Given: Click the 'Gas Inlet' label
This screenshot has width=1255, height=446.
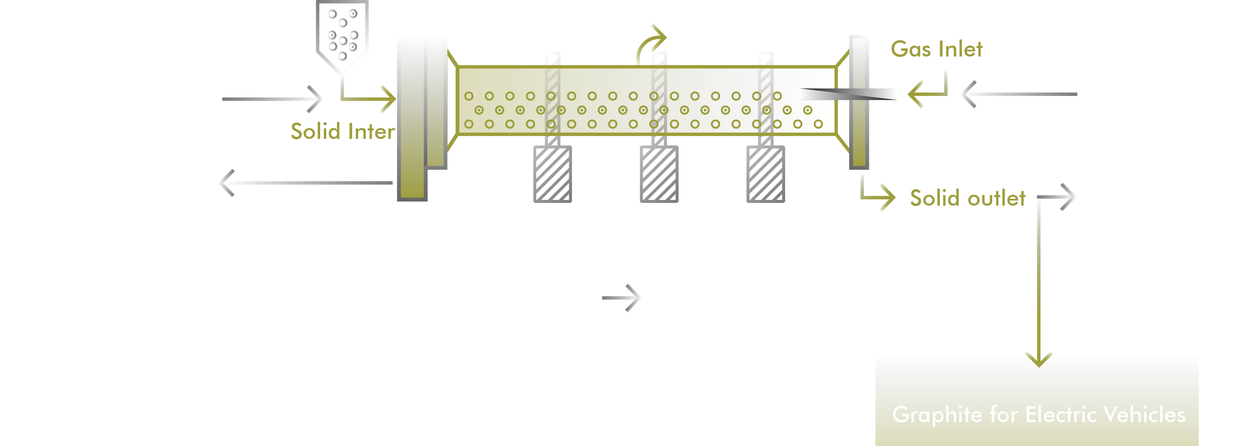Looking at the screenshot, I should point(936,49).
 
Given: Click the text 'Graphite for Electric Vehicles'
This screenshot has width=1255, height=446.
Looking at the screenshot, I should point(1038,415).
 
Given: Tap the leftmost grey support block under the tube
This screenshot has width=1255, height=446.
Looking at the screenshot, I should point(551,174).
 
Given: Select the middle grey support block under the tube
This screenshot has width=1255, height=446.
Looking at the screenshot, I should point(659,174).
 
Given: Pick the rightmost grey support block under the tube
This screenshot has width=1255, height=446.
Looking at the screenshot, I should point(766,174).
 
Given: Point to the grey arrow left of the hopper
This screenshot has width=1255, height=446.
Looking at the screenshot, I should point(271,99).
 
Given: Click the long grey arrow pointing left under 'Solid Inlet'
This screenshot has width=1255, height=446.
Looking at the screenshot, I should point(307,182).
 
